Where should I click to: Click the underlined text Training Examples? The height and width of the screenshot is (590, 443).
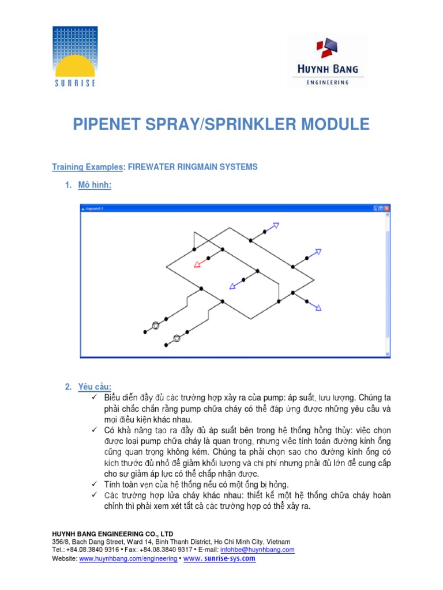(x=87, y=167)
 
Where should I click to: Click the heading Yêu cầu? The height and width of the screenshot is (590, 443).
(x=95, y=387)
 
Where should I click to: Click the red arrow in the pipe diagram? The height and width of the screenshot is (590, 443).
(x=200, y=263)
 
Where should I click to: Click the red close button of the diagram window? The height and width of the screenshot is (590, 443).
(x=387, y=208)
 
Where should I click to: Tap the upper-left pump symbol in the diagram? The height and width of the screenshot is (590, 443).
(x=155, y=326)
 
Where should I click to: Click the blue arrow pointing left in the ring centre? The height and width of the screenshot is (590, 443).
(x=234, y=285)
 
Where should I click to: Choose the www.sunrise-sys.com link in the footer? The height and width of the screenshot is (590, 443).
(x=219, y=558)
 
